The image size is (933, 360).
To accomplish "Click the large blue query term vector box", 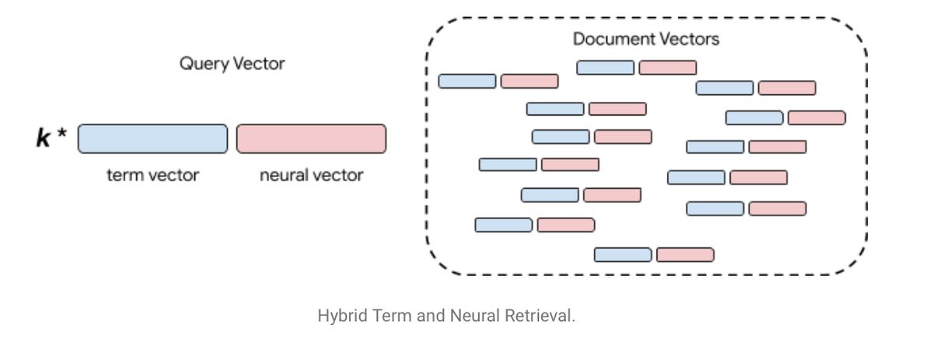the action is pyautogui.click(x=152, y=138).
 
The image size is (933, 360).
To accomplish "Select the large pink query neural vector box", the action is pyautogui.click(x=311, y=138).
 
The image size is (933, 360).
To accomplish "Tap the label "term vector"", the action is pyautogui.click(x=153, y=176).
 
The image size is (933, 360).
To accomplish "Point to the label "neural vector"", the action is pyautogui.click(x=312, y=176).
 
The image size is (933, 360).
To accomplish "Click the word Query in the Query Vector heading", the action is pyautogui.click(x=204, y=65).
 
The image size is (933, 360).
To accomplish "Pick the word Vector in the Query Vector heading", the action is pyautogui.click(x=259, y=64).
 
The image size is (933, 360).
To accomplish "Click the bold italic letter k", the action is pyautogui.click(x=44, y=138).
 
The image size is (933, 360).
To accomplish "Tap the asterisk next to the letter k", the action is pyautogui.click(x=61, y=133).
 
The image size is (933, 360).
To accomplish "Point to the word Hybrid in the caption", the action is pyautogui.click(x=343, y=316).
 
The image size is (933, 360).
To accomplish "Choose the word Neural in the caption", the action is pyautogui.click(x=475, y=316).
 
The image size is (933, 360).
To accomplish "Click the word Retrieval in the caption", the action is pyautogui.click(x=540, y=316).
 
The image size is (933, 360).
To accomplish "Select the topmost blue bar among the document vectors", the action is pyautogui.click(x=605, y=68).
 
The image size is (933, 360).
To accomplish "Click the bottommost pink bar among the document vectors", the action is pyautogui.click(x=685, y=255).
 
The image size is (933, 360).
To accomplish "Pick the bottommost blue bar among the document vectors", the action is pyautogui.click(x=623, y=255).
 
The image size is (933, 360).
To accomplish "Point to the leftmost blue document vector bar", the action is pyautogui.click(x=467, y=81).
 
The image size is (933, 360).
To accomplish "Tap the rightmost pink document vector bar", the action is pyautogui.click(x=817, y=118).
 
